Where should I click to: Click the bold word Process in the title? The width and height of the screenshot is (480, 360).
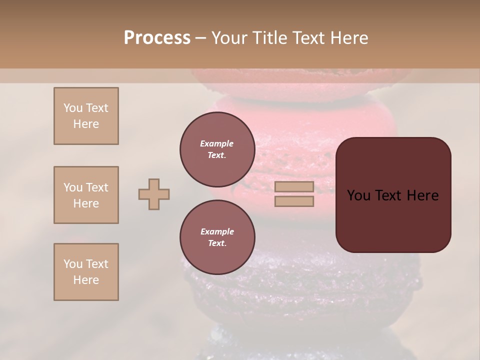tap(157, 38)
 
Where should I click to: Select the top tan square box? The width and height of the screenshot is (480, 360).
tap(86, 116)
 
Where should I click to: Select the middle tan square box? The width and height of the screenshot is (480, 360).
tap(86, 195)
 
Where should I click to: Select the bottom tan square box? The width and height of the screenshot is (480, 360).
tap(86, 272)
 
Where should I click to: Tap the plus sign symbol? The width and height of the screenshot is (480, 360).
tap(154, 194)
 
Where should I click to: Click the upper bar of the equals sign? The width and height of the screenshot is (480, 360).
tap(294, 187)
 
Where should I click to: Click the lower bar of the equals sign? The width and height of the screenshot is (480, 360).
tap(294, 201)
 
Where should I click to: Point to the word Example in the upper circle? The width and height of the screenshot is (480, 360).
tap(217, 143)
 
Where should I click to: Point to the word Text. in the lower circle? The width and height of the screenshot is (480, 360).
tap(217, 243)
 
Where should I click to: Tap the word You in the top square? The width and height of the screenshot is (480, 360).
tap(73, 108)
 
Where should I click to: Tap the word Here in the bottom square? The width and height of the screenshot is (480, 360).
tap(86, 280)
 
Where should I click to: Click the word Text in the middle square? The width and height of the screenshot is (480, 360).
tap(97, 187)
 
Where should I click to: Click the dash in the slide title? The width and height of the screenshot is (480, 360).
tap(200, 38)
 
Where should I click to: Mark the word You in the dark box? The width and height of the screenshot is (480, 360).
tap(358, 195)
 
